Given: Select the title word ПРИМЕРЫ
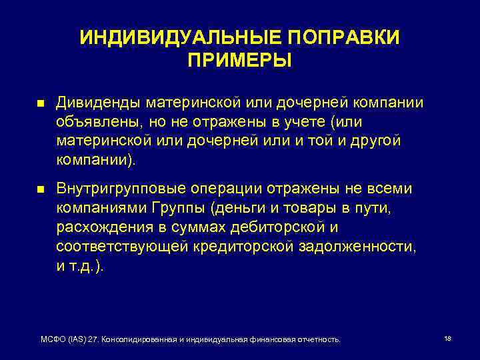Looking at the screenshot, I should (x=239, y=61).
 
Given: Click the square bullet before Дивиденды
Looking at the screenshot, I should (x=39, y=105).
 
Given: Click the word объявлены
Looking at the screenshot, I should (x=89, y=123).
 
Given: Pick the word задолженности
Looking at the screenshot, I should (x=355, y=247).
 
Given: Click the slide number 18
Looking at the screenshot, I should (x=447, y=339).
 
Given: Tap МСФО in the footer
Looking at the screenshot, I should (x=53, y=339).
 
